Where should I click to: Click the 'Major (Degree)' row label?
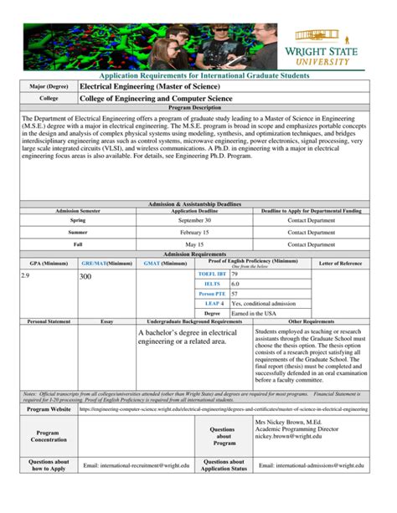coord(49,86)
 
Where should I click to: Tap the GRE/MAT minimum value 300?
coord(85,274)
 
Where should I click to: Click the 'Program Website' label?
coord(49,410)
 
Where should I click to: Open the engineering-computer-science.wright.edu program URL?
coord(223,410)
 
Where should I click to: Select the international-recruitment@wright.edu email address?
coord(144,465)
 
